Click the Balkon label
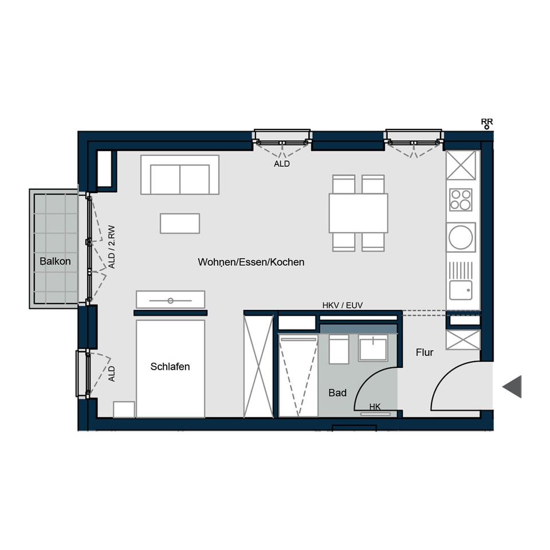[55, 262]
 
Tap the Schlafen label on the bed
[170, 367]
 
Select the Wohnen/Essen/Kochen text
[251, 262]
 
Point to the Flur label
[425, 352]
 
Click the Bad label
[337, 393]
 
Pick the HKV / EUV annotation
[343, 306]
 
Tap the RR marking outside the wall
[487, 121]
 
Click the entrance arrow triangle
[513, 386]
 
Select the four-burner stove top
[461, 199]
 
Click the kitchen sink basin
[460, 290]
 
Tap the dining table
[359, 213]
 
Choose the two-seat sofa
[179, 175]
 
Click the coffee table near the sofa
[180, 223]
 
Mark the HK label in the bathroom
[375, 407]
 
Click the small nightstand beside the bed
[124, 410]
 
